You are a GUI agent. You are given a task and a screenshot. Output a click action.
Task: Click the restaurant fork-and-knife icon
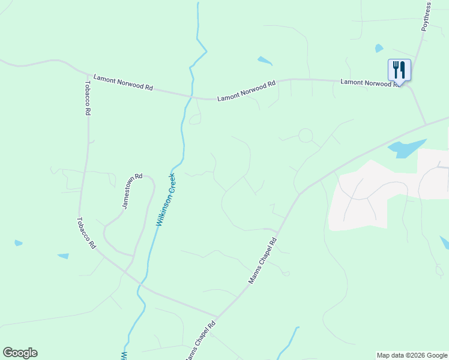click(399, 70)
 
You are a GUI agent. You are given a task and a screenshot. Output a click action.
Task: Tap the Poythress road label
click(426, 16)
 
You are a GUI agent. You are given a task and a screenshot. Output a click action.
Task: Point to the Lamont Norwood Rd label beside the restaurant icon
click(370, 82)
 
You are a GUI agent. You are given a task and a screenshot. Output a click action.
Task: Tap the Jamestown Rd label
click(133, 191)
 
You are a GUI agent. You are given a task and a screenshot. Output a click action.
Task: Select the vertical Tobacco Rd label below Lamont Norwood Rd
click(88, 98)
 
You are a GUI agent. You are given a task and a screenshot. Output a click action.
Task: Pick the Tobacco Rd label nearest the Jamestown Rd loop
click(86, 233)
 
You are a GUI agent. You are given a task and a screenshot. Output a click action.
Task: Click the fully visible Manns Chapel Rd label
click(263, 261)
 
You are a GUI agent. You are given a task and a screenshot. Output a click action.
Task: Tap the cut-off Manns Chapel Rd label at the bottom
click(199, 340)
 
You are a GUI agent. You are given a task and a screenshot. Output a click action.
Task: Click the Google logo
click(20, 353)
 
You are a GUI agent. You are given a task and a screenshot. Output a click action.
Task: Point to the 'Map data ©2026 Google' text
click(411, 355)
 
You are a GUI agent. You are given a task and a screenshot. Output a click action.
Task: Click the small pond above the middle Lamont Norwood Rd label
click(264, 61)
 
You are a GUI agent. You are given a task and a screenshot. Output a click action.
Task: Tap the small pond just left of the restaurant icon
click(379, 48)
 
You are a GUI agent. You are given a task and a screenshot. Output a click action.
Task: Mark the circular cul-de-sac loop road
click(306, 135)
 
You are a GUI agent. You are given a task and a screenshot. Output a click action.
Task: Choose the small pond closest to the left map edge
click(18, 243)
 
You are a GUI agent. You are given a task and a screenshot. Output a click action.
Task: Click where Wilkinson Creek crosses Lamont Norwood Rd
click(190, 95)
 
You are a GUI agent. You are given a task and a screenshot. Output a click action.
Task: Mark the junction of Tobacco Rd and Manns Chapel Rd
click(216, 317)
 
